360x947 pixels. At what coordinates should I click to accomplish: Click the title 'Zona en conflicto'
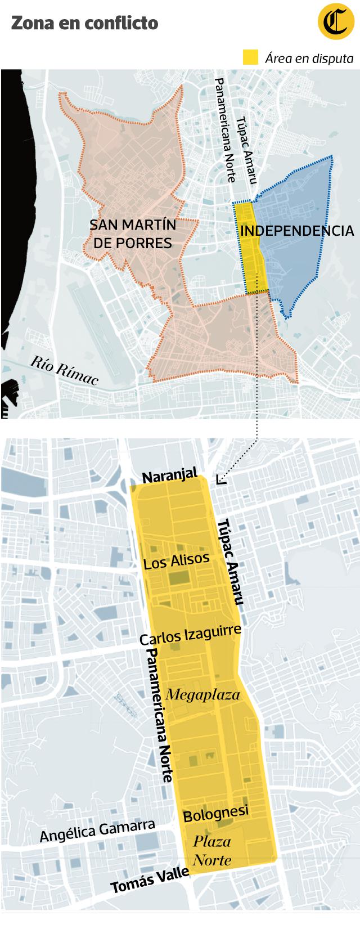tap(84, 23)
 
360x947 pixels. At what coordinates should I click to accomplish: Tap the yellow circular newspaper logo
tap(335, 23)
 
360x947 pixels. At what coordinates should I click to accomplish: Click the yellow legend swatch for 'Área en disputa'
tap(250, 57)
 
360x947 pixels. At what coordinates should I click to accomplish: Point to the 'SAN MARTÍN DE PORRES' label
tap(133, 234)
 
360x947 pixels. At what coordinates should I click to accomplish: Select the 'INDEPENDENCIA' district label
tap(296, 231)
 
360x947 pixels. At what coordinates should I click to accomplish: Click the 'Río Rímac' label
tap(65, 370)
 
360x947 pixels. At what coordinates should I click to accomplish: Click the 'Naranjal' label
tap(170, 477)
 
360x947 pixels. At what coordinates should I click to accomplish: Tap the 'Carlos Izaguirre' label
tap(190, 634)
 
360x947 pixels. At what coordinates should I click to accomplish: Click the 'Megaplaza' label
tap(203, 694)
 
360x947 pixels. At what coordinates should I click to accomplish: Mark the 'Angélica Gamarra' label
tap(97, 831)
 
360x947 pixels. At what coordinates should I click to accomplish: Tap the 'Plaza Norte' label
tap(212, 851)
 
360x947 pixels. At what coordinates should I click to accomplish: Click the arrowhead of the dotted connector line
tap(219, 479)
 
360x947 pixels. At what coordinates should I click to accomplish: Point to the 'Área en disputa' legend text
tap(309, 58)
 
